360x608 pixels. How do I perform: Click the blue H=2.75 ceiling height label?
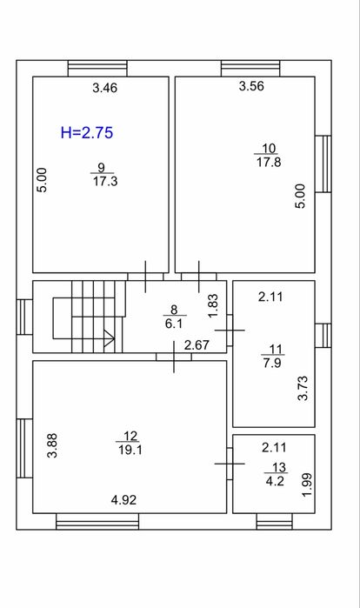(87, 132)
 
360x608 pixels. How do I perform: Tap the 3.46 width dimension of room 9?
(104, 88)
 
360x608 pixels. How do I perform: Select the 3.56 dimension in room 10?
(251, 86)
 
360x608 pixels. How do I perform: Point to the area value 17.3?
(105, 181)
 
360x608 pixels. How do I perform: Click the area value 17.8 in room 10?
(269, 161)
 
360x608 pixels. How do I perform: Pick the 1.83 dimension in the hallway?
(213, 306)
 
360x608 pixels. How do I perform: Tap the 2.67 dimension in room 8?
(197, 344)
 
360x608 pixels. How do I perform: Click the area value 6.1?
(174, 323)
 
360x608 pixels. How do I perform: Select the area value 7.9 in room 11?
(272, 363)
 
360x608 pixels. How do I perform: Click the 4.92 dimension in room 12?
(123, 500)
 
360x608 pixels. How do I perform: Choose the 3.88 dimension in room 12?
(52, 445)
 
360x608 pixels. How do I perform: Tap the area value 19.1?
(130, 450)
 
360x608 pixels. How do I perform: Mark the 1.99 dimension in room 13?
(307, 484)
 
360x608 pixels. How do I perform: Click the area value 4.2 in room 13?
(275, 481)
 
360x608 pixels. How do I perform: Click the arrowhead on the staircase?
(110, 338)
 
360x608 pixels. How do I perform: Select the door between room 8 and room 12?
(174, 357)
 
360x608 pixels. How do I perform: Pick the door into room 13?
(230, 464)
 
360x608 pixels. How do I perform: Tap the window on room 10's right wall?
(323, 164)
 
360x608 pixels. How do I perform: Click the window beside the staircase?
(24, 317)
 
